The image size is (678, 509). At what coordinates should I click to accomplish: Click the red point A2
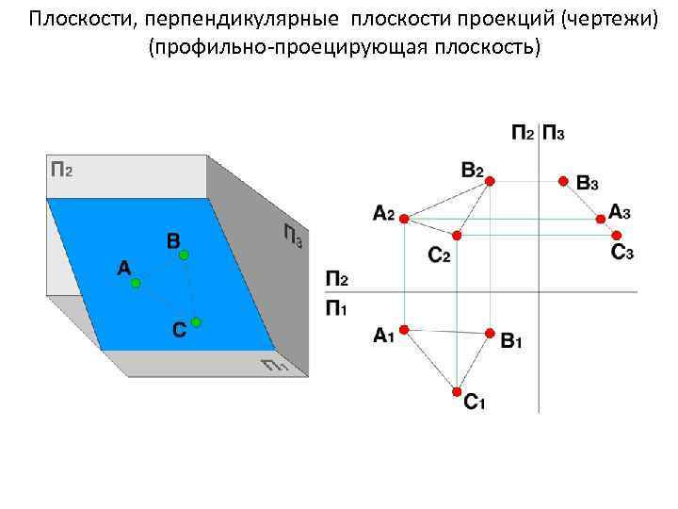coord(403,219)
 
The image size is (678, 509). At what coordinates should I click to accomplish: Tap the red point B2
coord(489,184)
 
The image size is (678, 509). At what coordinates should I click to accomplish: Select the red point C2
coord(457,235)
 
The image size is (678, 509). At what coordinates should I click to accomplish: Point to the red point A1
coord(403,329)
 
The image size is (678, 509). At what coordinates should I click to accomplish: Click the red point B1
coord(490,333)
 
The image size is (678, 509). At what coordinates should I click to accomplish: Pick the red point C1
coord(457,390)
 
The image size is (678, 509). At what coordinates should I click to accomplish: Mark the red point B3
coord(563,180)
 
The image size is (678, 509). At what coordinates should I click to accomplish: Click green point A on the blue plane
coord(136,282)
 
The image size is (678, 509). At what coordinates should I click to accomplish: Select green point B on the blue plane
coord(185,254)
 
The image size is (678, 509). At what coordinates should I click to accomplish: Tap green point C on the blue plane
coord(195,322)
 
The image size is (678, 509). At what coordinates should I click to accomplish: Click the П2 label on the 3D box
coord(61,170)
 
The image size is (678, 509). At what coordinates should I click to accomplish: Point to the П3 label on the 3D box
coord(292,235)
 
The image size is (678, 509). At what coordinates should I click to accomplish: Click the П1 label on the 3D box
coord(274,366)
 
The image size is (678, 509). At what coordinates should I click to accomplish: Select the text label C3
coord(622,253)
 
